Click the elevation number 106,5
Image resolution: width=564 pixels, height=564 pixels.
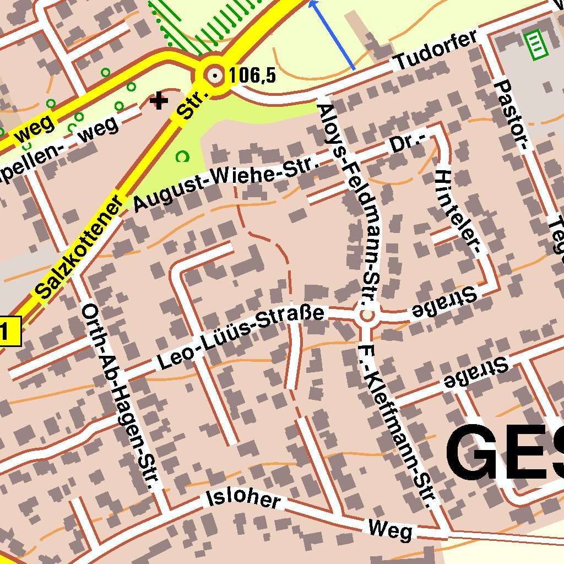point(252,75)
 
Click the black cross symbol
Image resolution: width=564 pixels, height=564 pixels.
point(159,101)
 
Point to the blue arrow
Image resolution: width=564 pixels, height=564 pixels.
point(332,35)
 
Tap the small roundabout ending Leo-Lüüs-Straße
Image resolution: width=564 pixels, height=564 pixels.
point(366,316)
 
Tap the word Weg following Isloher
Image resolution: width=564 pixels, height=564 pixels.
point(390,530)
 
